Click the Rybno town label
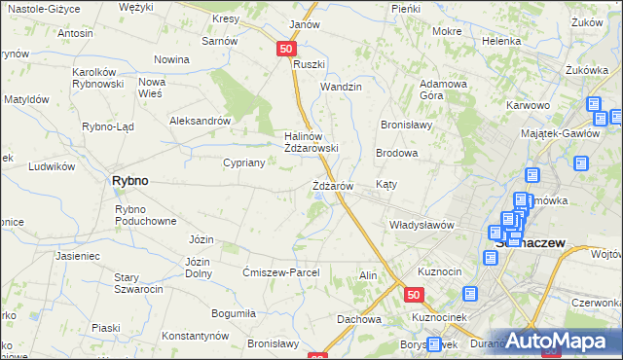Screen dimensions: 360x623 (x=129, y=181)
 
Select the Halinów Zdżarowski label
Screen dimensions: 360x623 (x=311, y=142)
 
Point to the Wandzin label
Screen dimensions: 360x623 (x=342, y=87)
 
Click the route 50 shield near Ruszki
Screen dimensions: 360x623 (x=285, y=48)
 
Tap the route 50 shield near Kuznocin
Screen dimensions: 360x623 (x=415, y=295)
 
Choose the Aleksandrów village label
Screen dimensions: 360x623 (x=199, y=122)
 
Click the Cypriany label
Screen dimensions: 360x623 (x=244, y=162)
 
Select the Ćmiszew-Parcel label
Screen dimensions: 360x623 (x=280, y=273)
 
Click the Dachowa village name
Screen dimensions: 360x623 (x=358, y=318)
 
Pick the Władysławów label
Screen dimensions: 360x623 (x=421, y=225)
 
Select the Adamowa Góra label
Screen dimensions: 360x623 (x=444, y=90)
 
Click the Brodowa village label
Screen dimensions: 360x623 (x=397, y=154)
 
